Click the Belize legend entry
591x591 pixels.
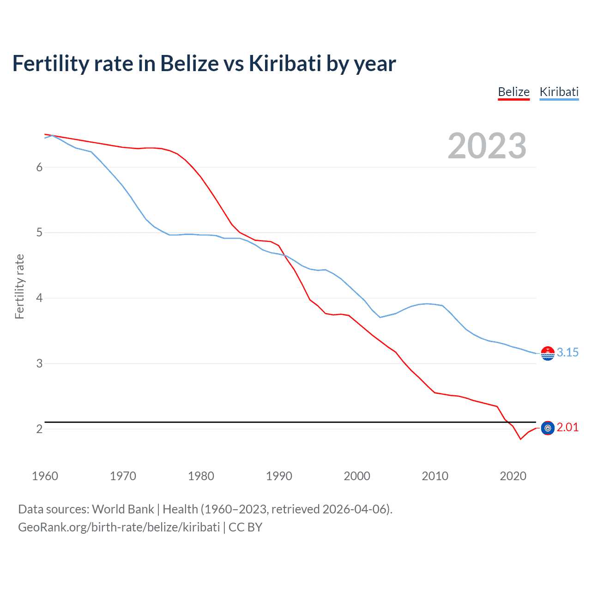[x=513, y=92]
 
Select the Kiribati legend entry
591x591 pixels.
[x=559, y=92]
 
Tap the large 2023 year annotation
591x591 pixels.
[x=487, y=146]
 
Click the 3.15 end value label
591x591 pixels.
[x=567, y=352]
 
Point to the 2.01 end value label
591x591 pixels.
[x=567, y=428]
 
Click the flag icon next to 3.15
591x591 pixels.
[x=548, y=353]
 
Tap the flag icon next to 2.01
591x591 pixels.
[x=548, y=428]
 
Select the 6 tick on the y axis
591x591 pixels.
[x=39, y=167]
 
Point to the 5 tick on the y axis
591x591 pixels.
[x=39, y=233]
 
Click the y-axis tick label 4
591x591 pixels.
[x=39, y=298]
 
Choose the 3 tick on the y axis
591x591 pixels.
[x=39, y=364]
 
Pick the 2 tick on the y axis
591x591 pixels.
[x=39, y=429]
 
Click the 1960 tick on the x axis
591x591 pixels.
[x=45, y=476]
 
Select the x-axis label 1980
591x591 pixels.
[x=201, y=476]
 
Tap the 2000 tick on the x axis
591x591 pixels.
[x=357, y=476]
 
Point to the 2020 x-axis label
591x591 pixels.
[x=513, y=476]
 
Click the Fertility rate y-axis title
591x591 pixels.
[x=19, y=286]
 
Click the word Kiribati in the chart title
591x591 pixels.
[x=285, y=63]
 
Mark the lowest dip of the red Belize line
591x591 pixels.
[x=520, y=439]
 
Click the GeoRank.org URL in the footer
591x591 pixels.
[x=119, y=527]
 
